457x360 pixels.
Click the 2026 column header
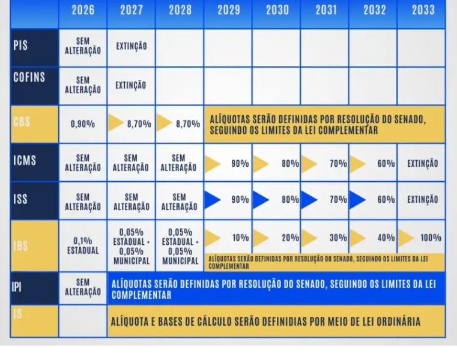(83, 10)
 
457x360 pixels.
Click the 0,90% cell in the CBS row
(83, 124)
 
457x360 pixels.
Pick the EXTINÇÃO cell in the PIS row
(131, 46)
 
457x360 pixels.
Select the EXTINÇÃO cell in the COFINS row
(131, 85)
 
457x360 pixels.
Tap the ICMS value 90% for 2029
(240, 164)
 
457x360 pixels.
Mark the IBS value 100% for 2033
(431, 238)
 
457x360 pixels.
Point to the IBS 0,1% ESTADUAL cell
(83, 245)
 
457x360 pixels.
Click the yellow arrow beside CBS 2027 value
(116, 124)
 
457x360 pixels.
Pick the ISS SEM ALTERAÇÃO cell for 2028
(178, 202)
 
